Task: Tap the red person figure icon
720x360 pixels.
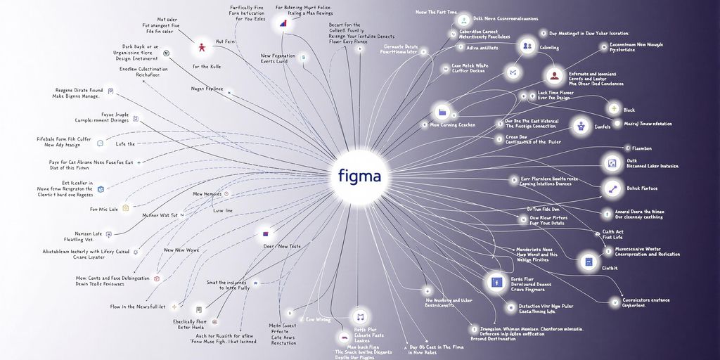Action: point(202,48)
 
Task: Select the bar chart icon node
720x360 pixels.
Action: point(283,22)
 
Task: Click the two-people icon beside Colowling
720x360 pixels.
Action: point(527,46)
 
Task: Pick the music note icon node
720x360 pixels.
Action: point(361,316)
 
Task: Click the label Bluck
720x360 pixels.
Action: point(629,110)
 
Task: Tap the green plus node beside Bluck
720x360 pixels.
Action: point(614,109)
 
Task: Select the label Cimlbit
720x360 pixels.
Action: point(610,268)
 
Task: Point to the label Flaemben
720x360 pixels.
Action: point(643,148)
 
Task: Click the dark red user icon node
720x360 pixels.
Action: point(555,76)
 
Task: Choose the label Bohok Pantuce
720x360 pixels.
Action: point(643,188)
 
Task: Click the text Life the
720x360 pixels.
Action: point(125,143)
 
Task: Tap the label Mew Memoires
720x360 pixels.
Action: point(207,194)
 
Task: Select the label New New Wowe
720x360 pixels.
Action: point(182,250)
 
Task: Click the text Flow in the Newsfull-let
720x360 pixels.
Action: point(138,307)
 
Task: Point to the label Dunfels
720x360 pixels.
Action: point(603,127)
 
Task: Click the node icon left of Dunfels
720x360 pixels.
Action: point(580,127)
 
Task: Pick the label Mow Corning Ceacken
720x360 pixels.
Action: point(453,125)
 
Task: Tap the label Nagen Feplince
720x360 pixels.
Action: point(207,89)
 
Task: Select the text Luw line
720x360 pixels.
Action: point(223,210)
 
